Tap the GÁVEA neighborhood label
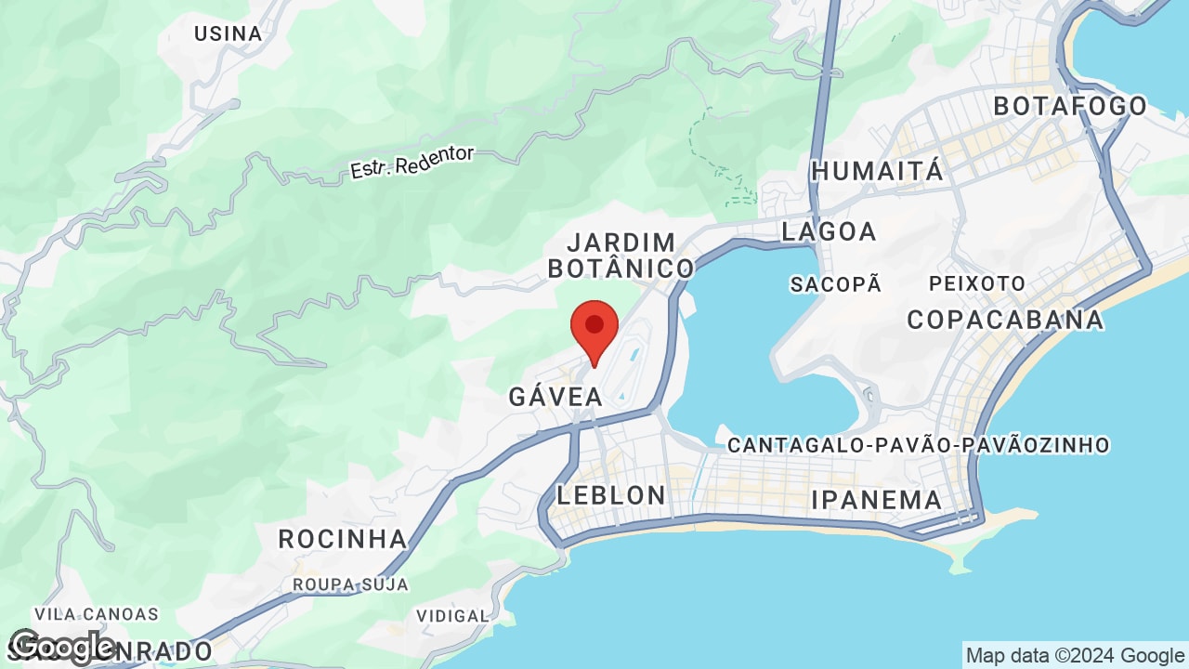pos(555,397)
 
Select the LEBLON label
pos(611,495)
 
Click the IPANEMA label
pos(876,500)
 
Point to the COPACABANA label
pos(1005,320)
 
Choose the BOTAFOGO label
pos(1070,106)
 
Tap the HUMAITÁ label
pos(877,171)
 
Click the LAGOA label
pos(829,231)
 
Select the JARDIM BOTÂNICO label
pos(621,256)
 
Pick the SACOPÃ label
pos(835,284)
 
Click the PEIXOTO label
pos(977,283)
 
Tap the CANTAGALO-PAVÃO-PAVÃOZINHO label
pos(918,445)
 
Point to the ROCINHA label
pos(343,539)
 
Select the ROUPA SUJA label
pos(350,584)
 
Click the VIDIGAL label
pos(452,616)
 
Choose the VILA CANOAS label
pos(97,614)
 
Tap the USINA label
pos(228,33)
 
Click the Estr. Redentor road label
pos(412,163)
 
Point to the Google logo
pos(63,647)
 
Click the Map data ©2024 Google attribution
pos(1075,656)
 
